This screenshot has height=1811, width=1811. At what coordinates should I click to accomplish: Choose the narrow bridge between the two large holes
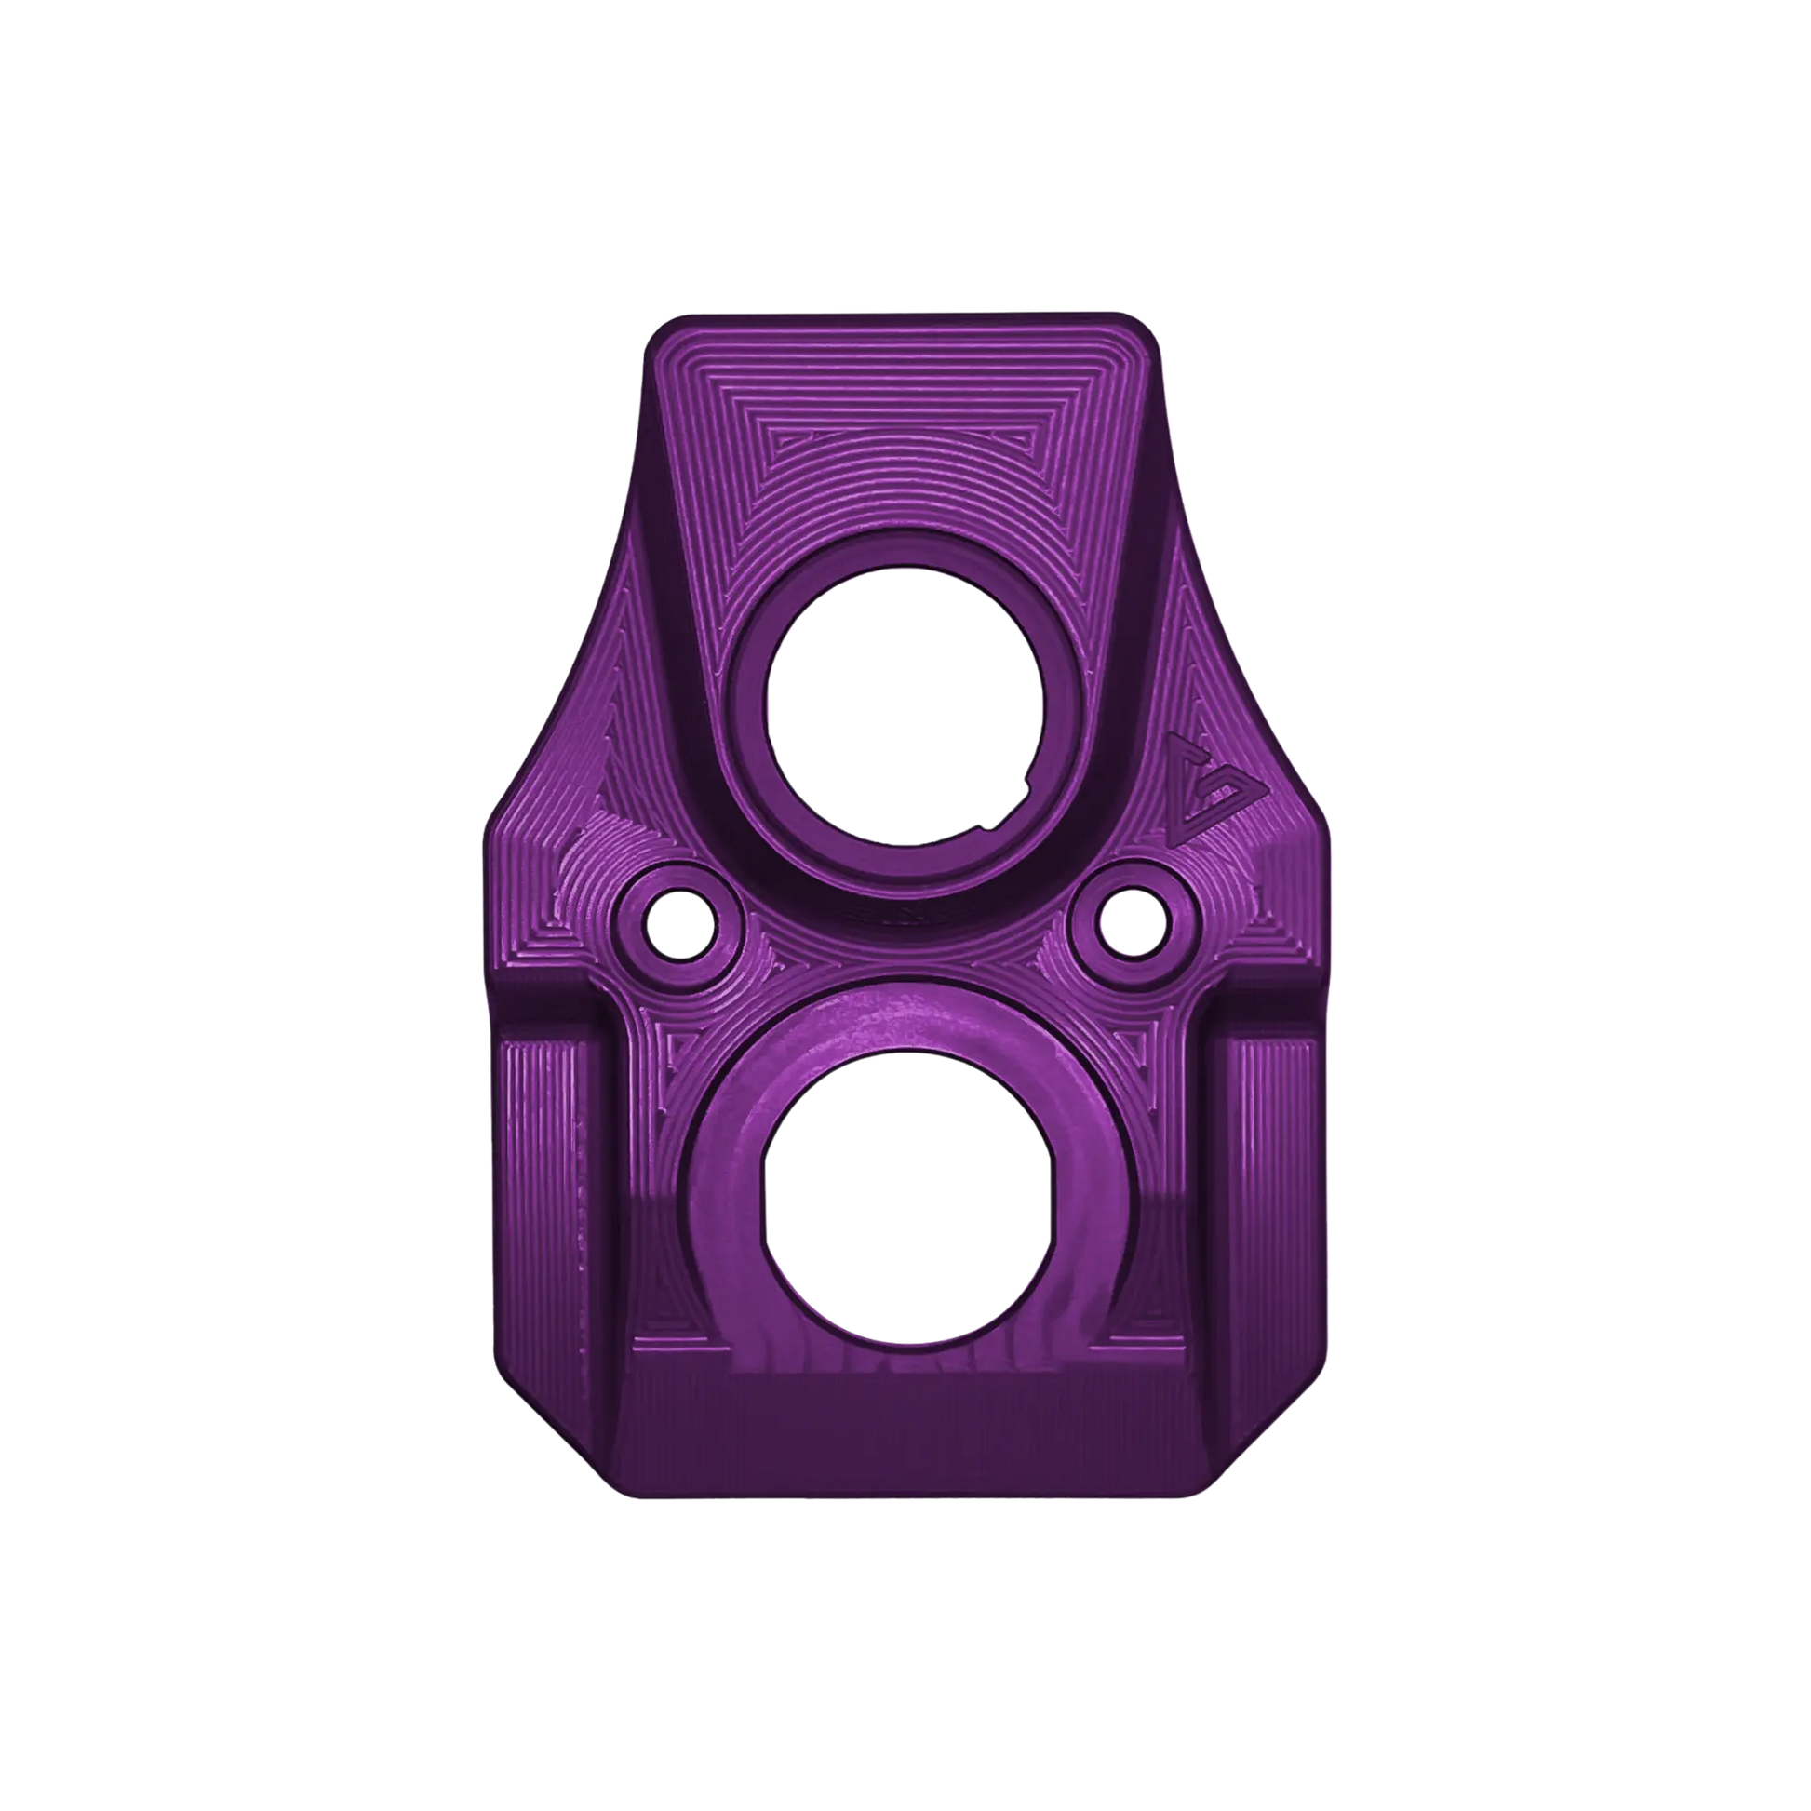point(902,946)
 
